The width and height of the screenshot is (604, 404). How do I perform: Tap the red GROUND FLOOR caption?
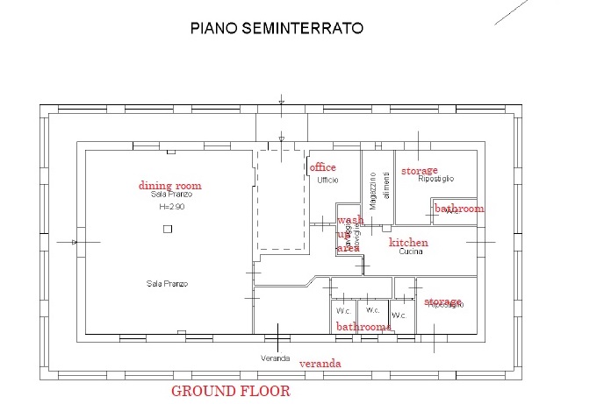(x=230, y=391)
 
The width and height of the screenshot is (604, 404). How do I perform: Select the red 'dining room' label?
(x=170, y=185)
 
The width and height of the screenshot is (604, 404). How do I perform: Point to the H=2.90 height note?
(x=170, y=208)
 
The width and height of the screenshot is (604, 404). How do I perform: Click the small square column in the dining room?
(x=167, y=228)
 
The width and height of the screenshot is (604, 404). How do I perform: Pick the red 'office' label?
(x=323, y=167)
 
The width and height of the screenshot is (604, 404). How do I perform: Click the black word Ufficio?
(x=327, y=180)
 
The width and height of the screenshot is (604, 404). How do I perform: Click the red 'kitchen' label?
(x=409, y=242)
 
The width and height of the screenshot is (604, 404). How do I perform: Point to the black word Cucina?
(x=411, y=252)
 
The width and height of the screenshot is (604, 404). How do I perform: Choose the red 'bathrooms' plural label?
(x=363, y=326)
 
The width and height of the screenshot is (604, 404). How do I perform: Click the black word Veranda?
(x=275, y=358)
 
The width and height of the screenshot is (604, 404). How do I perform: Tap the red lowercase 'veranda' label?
(x=320, y=363)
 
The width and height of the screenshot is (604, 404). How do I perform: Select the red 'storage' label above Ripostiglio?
(x=420, y=170)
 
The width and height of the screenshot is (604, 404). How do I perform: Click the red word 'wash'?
(x=350, y=220)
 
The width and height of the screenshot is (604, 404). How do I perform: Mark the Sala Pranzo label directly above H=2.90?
(x=170, y=195)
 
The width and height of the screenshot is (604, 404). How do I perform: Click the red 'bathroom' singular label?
(x=460, y=209)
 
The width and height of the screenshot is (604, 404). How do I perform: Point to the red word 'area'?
(x=348, y=248)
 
